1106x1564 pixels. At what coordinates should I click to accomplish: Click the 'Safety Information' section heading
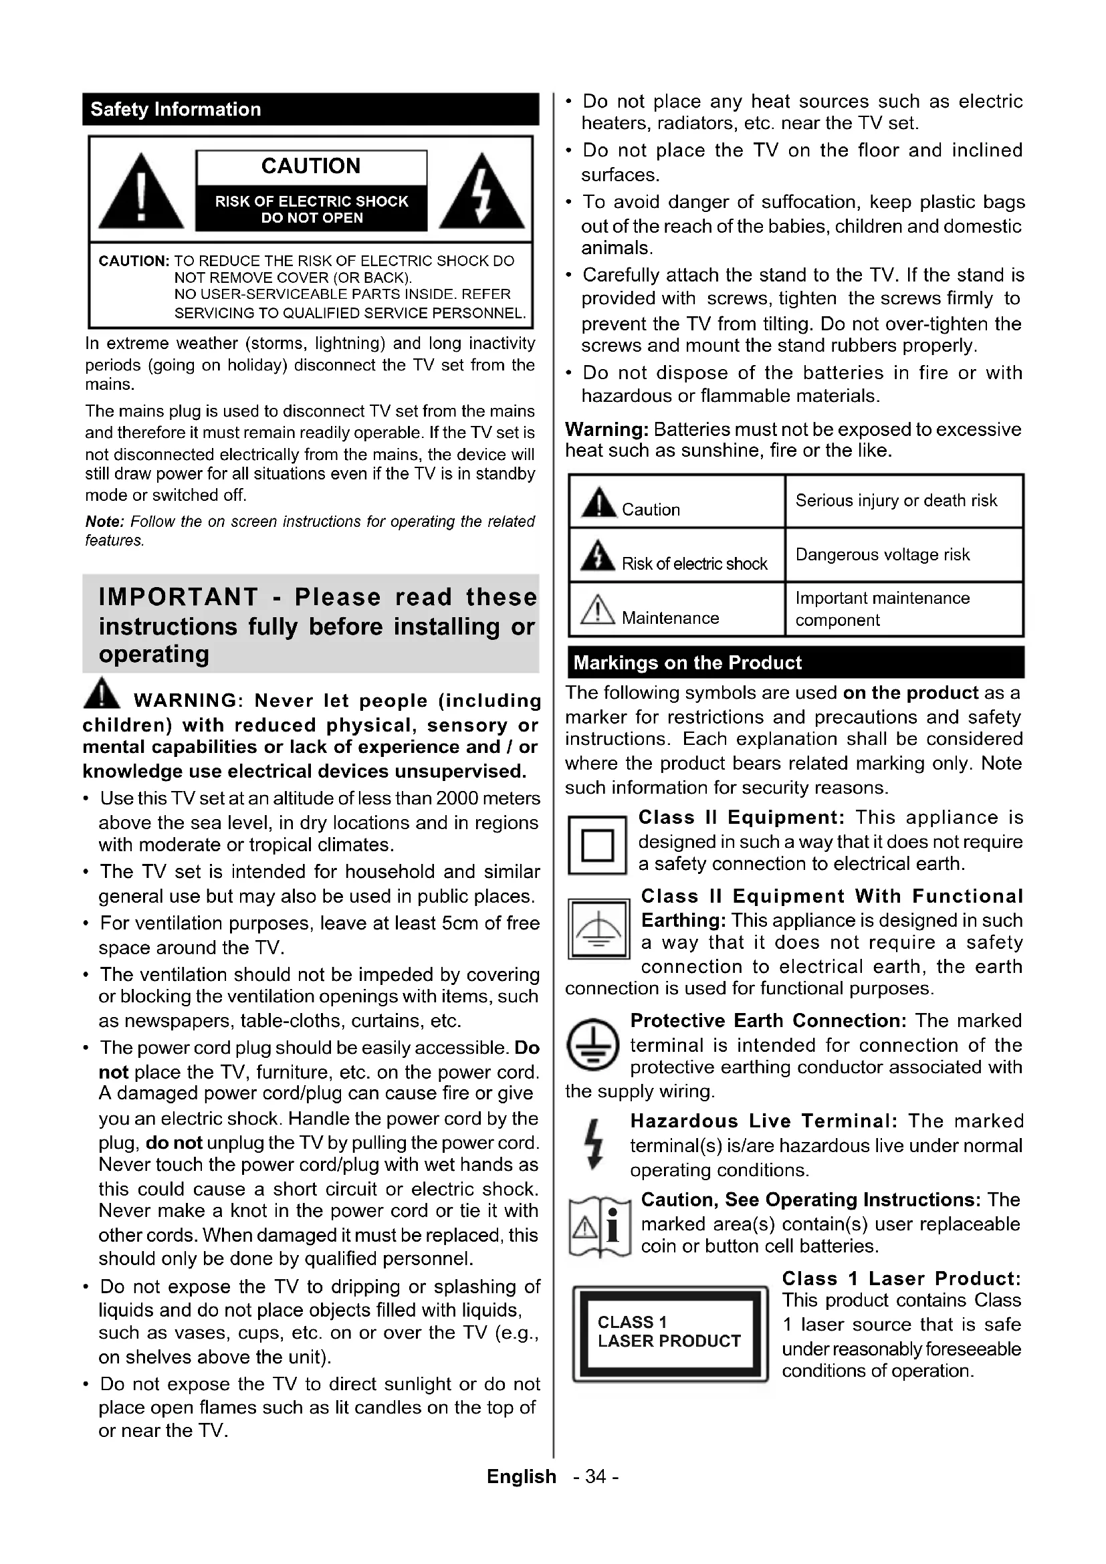tap(176, 110)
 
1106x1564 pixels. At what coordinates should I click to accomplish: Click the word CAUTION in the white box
tap(310, 166)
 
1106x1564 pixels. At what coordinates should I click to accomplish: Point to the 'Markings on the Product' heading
tap(687, 663)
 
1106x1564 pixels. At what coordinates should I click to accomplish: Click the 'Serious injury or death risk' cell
tap(895, 501)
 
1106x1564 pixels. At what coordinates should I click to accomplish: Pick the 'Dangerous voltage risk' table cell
tap(882, 554)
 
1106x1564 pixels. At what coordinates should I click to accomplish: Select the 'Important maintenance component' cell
tap(882, 609)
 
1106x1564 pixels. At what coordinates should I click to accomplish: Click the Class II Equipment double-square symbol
tap(596, 845)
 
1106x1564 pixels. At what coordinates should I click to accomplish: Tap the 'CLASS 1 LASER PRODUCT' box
tap(669, 1333)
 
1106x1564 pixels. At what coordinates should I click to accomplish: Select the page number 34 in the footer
tap(595, 1477)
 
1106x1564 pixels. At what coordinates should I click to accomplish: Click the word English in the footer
tap(521, 1477)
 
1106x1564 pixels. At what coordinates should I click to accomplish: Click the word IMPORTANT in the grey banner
tap(178, 597)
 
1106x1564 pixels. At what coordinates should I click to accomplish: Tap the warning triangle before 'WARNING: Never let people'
tap(102, 693)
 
